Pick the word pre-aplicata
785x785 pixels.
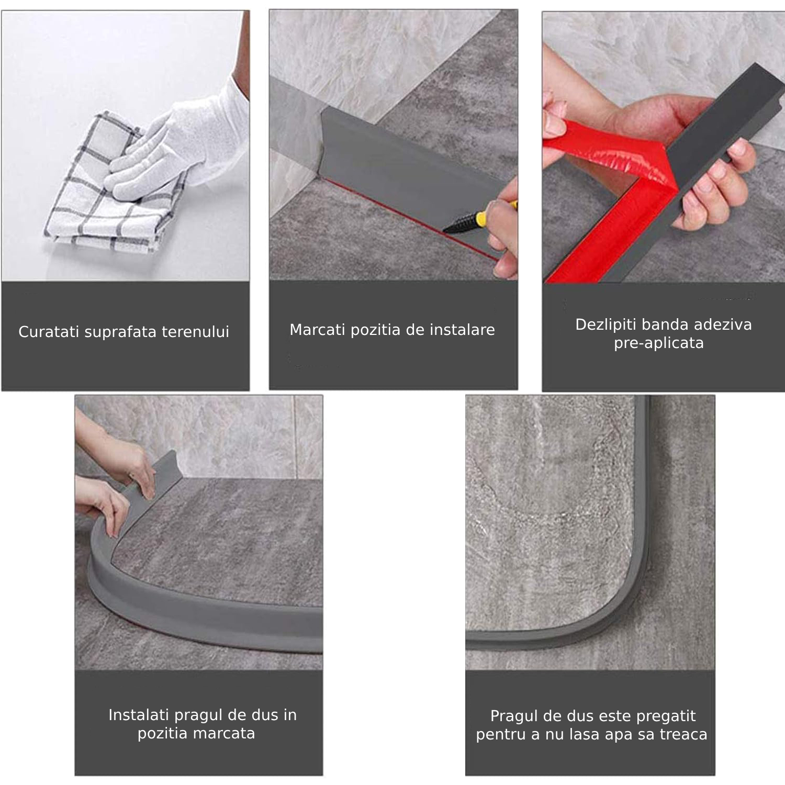click(x=659, y=343)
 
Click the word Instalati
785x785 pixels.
click(x=139, y=715)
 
